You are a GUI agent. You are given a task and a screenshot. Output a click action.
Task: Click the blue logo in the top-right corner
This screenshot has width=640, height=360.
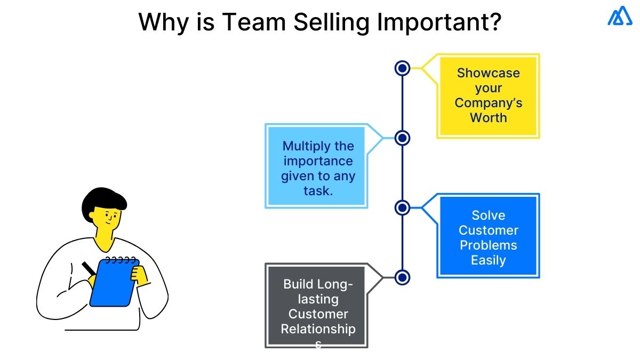point(620,16)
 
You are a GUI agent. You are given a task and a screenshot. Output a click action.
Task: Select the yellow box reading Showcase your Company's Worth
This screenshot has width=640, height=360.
point(488,95)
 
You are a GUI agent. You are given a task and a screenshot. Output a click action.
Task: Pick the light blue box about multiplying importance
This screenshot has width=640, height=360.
point(317,166)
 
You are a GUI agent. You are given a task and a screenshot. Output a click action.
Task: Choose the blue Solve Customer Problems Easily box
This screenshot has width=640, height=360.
point(488,236)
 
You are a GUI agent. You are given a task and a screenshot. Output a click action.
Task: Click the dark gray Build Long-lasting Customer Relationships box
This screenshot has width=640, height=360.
point(317,306)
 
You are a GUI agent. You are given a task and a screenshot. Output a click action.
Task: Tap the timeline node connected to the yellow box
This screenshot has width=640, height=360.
point(403,68)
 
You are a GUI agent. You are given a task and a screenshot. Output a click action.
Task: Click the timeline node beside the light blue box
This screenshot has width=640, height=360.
point(403,138)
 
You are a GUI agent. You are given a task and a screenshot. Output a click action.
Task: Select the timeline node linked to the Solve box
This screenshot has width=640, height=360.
point(403,207)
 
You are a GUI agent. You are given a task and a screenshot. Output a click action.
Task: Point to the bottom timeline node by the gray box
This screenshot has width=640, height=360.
point(403,277)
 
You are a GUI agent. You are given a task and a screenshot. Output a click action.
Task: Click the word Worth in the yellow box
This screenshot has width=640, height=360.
point(488,117)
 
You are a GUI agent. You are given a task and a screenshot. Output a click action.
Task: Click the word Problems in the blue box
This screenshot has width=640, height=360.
point(488,245)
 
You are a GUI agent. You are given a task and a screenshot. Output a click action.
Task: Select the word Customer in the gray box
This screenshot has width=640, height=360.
point(318,314)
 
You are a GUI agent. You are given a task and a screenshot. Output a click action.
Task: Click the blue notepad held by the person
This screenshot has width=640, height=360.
point(113,285)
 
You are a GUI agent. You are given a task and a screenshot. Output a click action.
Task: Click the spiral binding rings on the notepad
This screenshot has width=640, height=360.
point(120,260)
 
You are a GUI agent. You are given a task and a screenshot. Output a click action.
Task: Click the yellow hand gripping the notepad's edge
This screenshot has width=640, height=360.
point(140,275)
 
